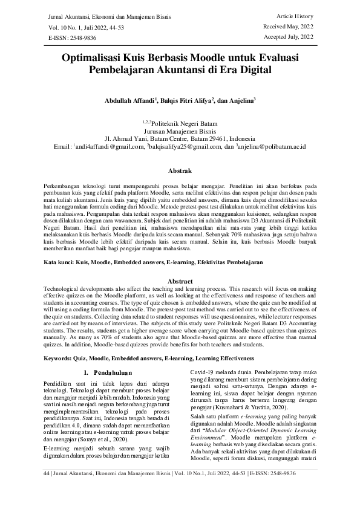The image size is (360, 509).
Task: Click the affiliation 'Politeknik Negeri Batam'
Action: pos(184,122)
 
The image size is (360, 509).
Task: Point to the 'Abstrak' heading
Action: pos(180,171)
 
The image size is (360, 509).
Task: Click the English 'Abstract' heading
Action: pos(180,282)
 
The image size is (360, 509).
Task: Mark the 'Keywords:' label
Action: pos(62,358)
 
